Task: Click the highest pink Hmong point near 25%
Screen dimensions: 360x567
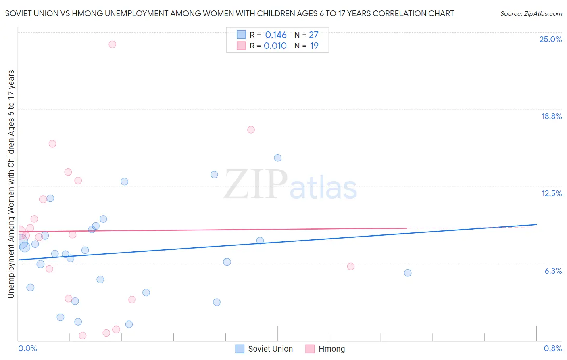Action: (113, 44)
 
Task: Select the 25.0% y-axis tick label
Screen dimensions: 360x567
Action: (550, 39)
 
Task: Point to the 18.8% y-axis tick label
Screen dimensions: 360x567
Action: (551, 116)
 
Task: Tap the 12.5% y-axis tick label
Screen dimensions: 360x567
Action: (551, 193)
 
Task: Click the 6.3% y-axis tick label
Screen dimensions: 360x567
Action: (553, 271)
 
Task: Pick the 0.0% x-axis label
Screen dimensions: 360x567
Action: (27, 348)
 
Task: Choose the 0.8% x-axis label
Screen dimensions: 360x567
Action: (552, 348)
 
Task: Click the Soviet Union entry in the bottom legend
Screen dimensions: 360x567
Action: (270, 349)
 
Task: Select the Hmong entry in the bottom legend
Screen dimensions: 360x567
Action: (331, 349)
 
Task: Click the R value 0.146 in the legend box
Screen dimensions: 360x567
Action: (276, 35)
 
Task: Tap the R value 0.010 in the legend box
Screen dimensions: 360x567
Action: (275, 46)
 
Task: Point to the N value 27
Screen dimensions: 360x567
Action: (314, 35)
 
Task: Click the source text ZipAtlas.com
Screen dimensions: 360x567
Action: (531, 13)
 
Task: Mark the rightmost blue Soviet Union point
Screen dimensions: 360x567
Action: (408, 273)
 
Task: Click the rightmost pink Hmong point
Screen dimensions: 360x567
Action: (351, 266)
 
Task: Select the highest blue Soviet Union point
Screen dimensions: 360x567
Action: (278, 158)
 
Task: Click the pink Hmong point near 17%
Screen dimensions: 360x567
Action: (251, 130)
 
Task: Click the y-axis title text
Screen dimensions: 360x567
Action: (11, 184)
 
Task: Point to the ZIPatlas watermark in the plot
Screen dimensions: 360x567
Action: (290, 184)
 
